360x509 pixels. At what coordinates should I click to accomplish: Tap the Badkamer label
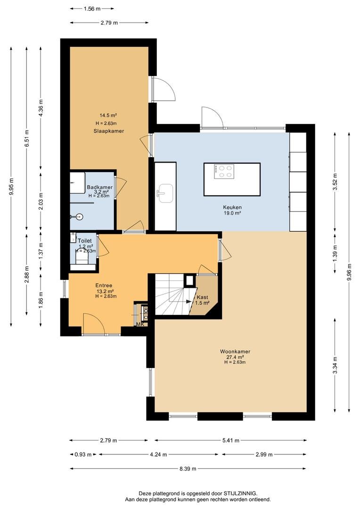[x=99, y=187]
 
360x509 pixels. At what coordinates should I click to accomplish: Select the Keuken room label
[x=232, y=207]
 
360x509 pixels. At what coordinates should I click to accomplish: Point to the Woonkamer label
[x=235, y=352]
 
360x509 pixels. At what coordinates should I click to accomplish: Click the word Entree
[x=104, y=286]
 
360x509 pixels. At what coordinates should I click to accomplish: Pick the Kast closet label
[x=203, y=297]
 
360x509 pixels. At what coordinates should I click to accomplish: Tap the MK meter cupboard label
[x=140, y=324]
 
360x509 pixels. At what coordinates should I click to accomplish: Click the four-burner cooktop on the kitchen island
[x=224, y=172]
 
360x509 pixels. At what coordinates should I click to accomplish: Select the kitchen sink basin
[x=166, y=193]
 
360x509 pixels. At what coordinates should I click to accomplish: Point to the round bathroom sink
[x=78, y=216]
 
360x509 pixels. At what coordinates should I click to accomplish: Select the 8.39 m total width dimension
[x=188, y=469]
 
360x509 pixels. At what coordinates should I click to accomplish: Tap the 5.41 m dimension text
[x=231, y=441]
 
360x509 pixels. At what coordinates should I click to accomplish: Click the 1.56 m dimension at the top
[x=92, y=9]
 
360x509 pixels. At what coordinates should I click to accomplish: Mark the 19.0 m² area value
[x=232, y=213]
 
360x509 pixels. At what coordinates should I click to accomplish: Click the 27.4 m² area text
[x=235, y=357]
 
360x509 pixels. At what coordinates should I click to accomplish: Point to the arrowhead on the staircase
[x=188, y=301]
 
